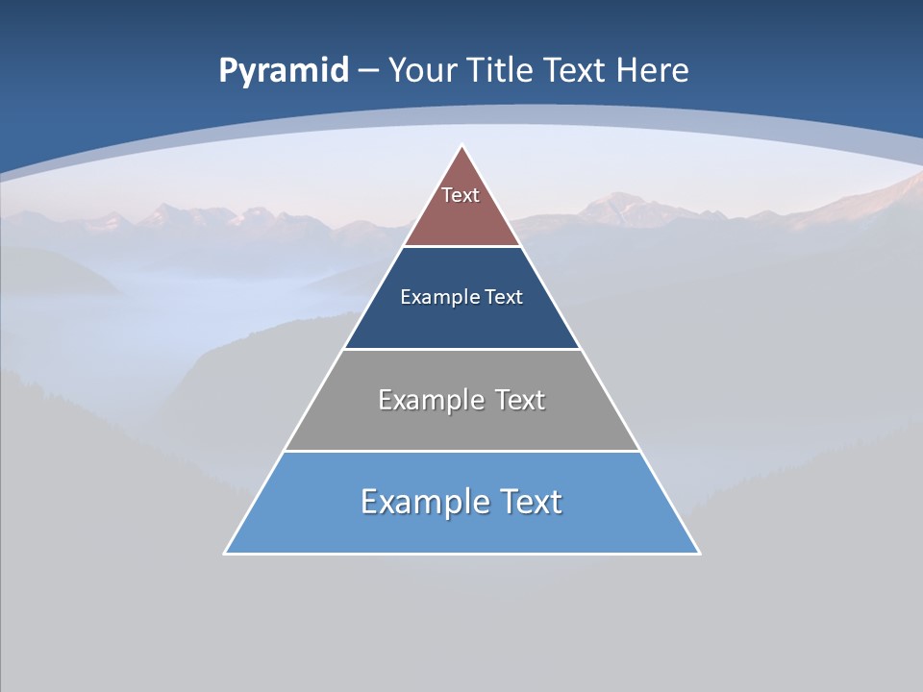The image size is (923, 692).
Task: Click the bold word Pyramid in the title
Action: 284,71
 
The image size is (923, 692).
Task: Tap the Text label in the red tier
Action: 461,195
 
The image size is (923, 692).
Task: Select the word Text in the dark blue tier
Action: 504,297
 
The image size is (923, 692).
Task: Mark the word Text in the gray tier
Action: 520,400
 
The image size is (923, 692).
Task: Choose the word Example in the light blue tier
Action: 424,502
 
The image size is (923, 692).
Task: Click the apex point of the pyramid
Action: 462,146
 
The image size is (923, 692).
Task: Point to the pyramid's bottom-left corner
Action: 225,553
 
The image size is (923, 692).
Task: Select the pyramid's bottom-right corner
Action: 699,553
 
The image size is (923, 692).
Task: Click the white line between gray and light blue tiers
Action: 461,451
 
